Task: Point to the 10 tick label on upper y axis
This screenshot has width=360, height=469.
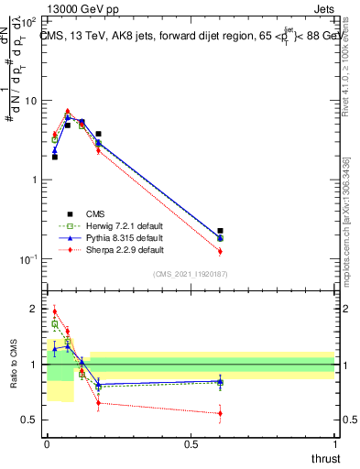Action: point(30,101)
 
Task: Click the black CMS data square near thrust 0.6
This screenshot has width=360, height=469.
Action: point(220,231)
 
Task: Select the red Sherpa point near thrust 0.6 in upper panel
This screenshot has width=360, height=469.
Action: point(220,251)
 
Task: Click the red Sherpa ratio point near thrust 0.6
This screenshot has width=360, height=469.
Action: point(220,413)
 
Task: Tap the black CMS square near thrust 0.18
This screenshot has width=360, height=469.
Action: point(98,134)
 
